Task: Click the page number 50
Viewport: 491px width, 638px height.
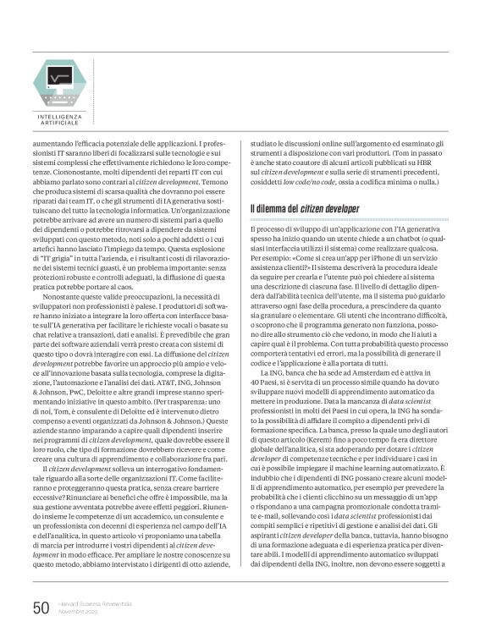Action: pos(41,608)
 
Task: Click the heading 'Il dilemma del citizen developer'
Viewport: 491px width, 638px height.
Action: pos(305,209)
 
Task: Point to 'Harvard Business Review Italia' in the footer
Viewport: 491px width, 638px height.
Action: pos(90,604)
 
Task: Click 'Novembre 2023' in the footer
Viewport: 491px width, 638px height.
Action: pos(76,612)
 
